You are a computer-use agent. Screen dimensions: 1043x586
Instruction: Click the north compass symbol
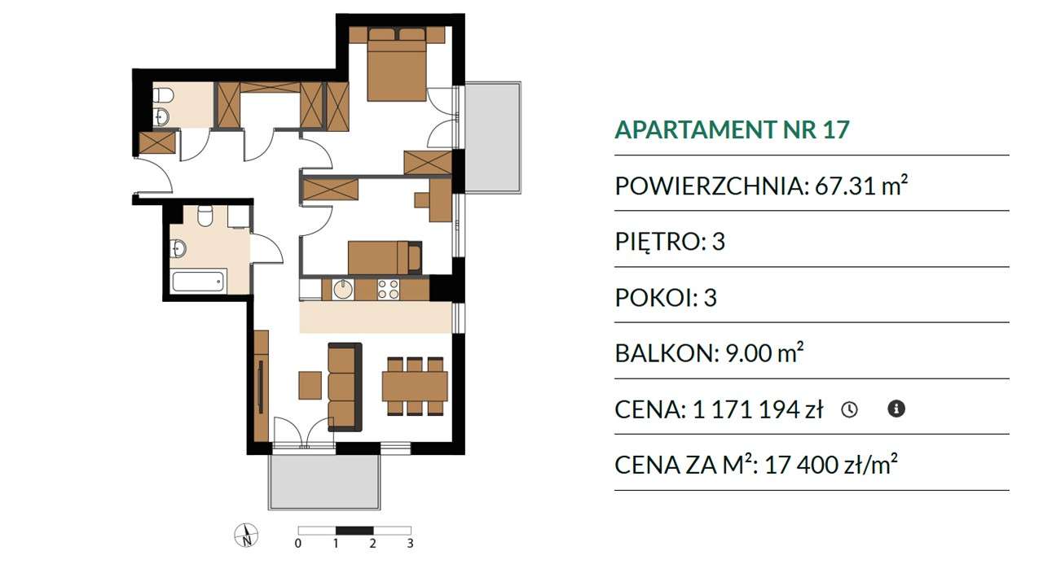click(x=246, y=535)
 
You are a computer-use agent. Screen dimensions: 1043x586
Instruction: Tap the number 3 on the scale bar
click(x=410, y=543)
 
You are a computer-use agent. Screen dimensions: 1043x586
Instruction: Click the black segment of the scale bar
click(x=354, y=530)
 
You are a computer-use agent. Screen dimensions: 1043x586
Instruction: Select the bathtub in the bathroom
click(x=198, y=282)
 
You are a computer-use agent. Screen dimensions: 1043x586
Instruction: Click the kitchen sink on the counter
click(x=343, y=289)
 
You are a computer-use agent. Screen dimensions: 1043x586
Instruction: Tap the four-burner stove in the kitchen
click(x=389, y=289)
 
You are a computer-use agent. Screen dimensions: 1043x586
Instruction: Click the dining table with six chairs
click(x=415, y=386)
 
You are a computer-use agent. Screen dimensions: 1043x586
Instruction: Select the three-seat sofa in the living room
click(x=345, y=387)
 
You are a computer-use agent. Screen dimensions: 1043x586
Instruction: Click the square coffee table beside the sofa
click(x=310, y=385)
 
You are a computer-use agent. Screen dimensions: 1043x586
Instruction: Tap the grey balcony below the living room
click(x=324, y=481)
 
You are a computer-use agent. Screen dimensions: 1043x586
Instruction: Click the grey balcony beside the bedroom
click(x=493, y=138)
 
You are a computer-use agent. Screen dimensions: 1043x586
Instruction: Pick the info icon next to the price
click(x=896, y=409)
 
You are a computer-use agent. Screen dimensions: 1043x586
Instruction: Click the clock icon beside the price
click(x=849, y=409)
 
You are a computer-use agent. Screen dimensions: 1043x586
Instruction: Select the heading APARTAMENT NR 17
click(x=732, y=129)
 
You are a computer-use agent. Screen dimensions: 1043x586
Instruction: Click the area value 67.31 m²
click(x=861, y=185)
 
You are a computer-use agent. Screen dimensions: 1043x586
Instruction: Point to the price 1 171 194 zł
click(x=758, y=409)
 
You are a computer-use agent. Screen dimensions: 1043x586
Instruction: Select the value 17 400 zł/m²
click(x=830, y=464)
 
